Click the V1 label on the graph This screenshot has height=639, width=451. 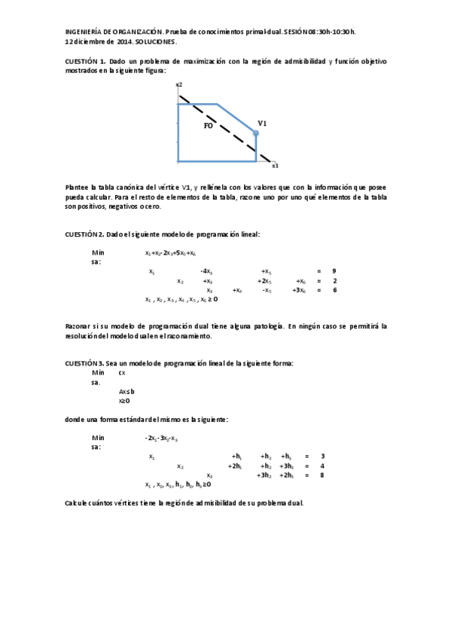pyautogui.click(x=263, y=123)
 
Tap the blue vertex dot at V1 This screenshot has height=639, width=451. pyautogui.click(x=256, y=133)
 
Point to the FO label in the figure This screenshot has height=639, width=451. pyautogui.click(x=209, y=126)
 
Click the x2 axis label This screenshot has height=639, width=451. pyautogui.click(x=179, y=85)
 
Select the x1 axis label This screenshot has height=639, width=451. pyautogui.click(x=276, y=165)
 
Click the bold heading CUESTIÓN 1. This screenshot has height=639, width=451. pyautogui.click(x=85, y=60)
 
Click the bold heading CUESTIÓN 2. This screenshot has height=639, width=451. pyautogui.click(x=85, y=234)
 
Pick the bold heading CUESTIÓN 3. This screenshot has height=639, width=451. pyautogui.click(x=85, y=362)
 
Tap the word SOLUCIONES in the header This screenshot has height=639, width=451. pyautogui.click(x=157, y=41)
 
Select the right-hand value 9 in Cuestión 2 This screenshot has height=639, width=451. pyautogui.click(x=334, y=271)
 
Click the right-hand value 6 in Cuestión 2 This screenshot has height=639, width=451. pyautogui.click(x=334, y=290)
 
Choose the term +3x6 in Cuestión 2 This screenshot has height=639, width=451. pyautogui.click(x=299, y=290)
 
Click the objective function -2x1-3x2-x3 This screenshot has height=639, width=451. pyautogui.click(x=161, y=438)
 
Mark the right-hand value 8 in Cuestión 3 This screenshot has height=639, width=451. pyautogui.click(x=322, y=475)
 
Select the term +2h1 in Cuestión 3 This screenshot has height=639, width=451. pyautogui.click(x=235, y=466)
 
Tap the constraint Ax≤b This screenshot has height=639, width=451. pyautogui.click(x=126, y=392)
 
